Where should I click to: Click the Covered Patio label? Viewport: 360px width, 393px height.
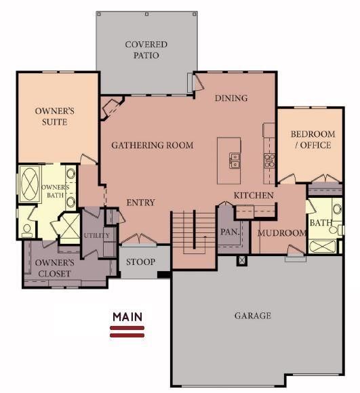click(146, 50)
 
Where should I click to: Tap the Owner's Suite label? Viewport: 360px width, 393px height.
click(55, 117)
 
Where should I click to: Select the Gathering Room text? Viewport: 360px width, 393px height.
click(153, 146)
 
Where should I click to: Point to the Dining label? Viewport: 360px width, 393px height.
click(231, 98)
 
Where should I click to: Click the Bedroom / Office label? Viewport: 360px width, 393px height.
click(313, 140)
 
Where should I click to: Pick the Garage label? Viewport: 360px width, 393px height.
click(253, 316)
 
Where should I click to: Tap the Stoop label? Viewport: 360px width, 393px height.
click(140, 262)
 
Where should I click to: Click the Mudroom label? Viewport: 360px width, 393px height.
click(281, 233)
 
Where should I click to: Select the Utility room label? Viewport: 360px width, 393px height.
click(96, 235)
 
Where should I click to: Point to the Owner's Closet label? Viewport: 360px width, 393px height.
click(55, 268)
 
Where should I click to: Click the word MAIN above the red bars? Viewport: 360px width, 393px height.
click(127, 317)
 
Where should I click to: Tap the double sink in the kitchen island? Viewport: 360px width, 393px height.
click(235, 161)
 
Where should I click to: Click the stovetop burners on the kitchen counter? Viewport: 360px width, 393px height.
click(269, 161)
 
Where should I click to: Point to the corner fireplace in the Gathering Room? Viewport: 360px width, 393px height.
click(111, 108)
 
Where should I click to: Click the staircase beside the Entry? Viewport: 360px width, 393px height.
click(193, 232)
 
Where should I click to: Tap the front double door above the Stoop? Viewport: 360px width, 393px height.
click(138, 239)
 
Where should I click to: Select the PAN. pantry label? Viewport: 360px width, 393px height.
click(230, 232)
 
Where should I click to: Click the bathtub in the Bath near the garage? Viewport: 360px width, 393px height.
click(322, 246)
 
